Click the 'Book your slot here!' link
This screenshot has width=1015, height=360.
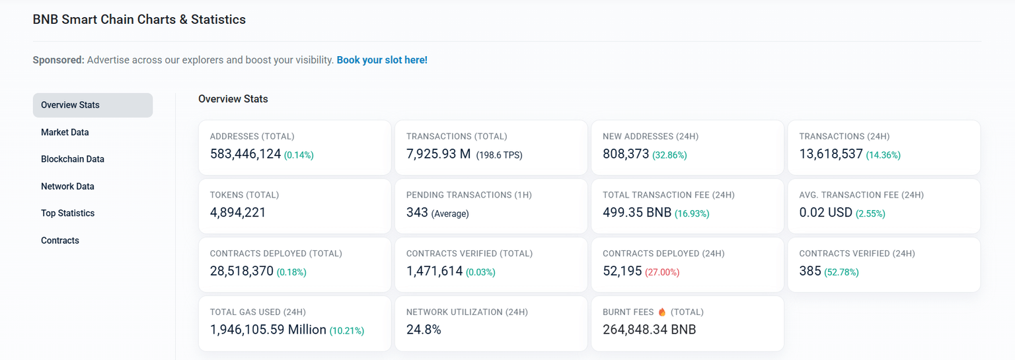click(382, 60)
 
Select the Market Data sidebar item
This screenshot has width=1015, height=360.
click(65, 132)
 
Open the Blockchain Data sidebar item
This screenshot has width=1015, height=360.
click(73, 159)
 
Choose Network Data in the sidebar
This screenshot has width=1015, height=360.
click(67, 186)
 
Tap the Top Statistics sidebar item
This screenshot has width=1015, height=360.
click(67, 213)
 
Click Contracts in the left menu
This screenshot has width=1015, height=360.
click(60, 240)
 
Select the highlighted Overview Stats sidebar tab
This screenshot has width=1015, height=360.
click(93, 105)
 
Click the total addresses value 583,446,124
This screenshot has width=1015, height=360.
click(245, 155)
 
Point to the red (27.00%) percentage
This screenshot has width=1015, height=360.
click(662, 272)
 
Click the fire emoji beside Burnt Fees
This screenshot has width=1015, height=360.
click(661, 312)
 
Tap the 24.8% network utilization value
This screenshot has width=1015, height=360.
click(424, 330)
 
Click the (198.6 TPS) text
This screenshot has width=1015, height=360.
click(499, 155)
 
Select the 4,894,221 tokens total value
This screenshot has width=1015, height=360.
click(238, 213)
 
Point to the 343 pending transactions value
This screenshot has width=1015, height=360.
click(417, 213)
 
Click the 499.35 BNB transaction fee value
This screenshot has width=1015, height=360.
click(636, 213)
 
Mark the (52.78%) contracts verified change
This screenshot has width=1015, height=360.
click(841, 272)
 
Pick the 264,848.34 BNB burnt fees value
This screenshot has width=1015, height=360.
click(649, 330)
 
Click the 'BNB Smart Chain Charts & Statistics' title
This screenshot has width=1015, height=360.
click(139, 20)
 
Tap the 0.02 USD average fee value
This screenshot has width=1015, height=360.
click(825, 213)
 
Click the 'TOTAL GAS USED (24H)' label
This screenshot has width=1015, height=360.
click(258, 312)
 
